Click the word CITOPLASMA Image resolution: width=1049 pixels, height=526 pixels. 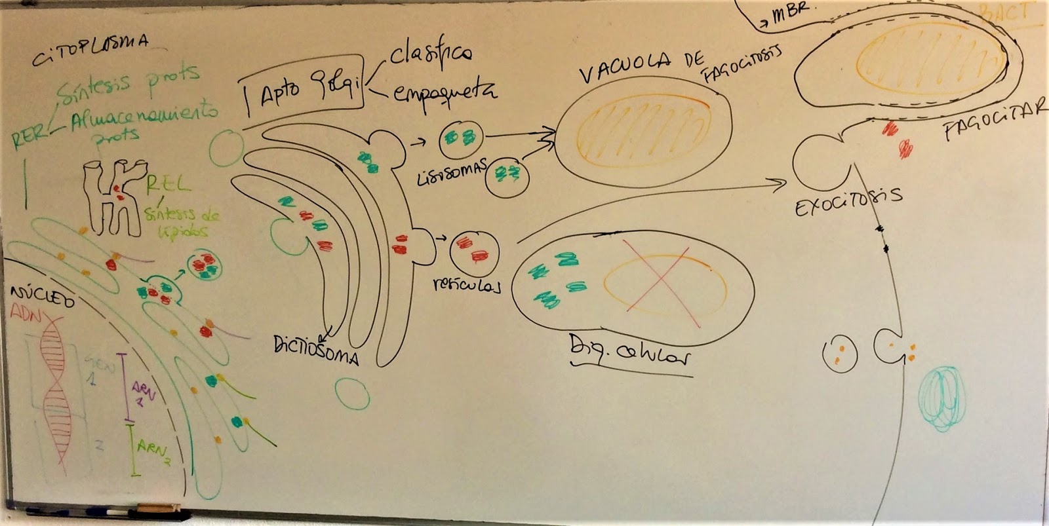(x=90, y=50)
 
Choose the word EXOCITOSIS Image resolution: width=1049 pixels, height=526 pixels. (x=848, y=200)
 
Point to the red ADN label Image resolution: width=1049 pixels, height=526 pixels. (x=25, y=316)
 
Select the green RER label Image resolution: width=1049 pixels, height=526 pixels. (x=30, y=137)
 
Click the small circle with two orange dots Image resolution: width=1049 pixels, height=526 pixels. (x=839, y=354)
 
